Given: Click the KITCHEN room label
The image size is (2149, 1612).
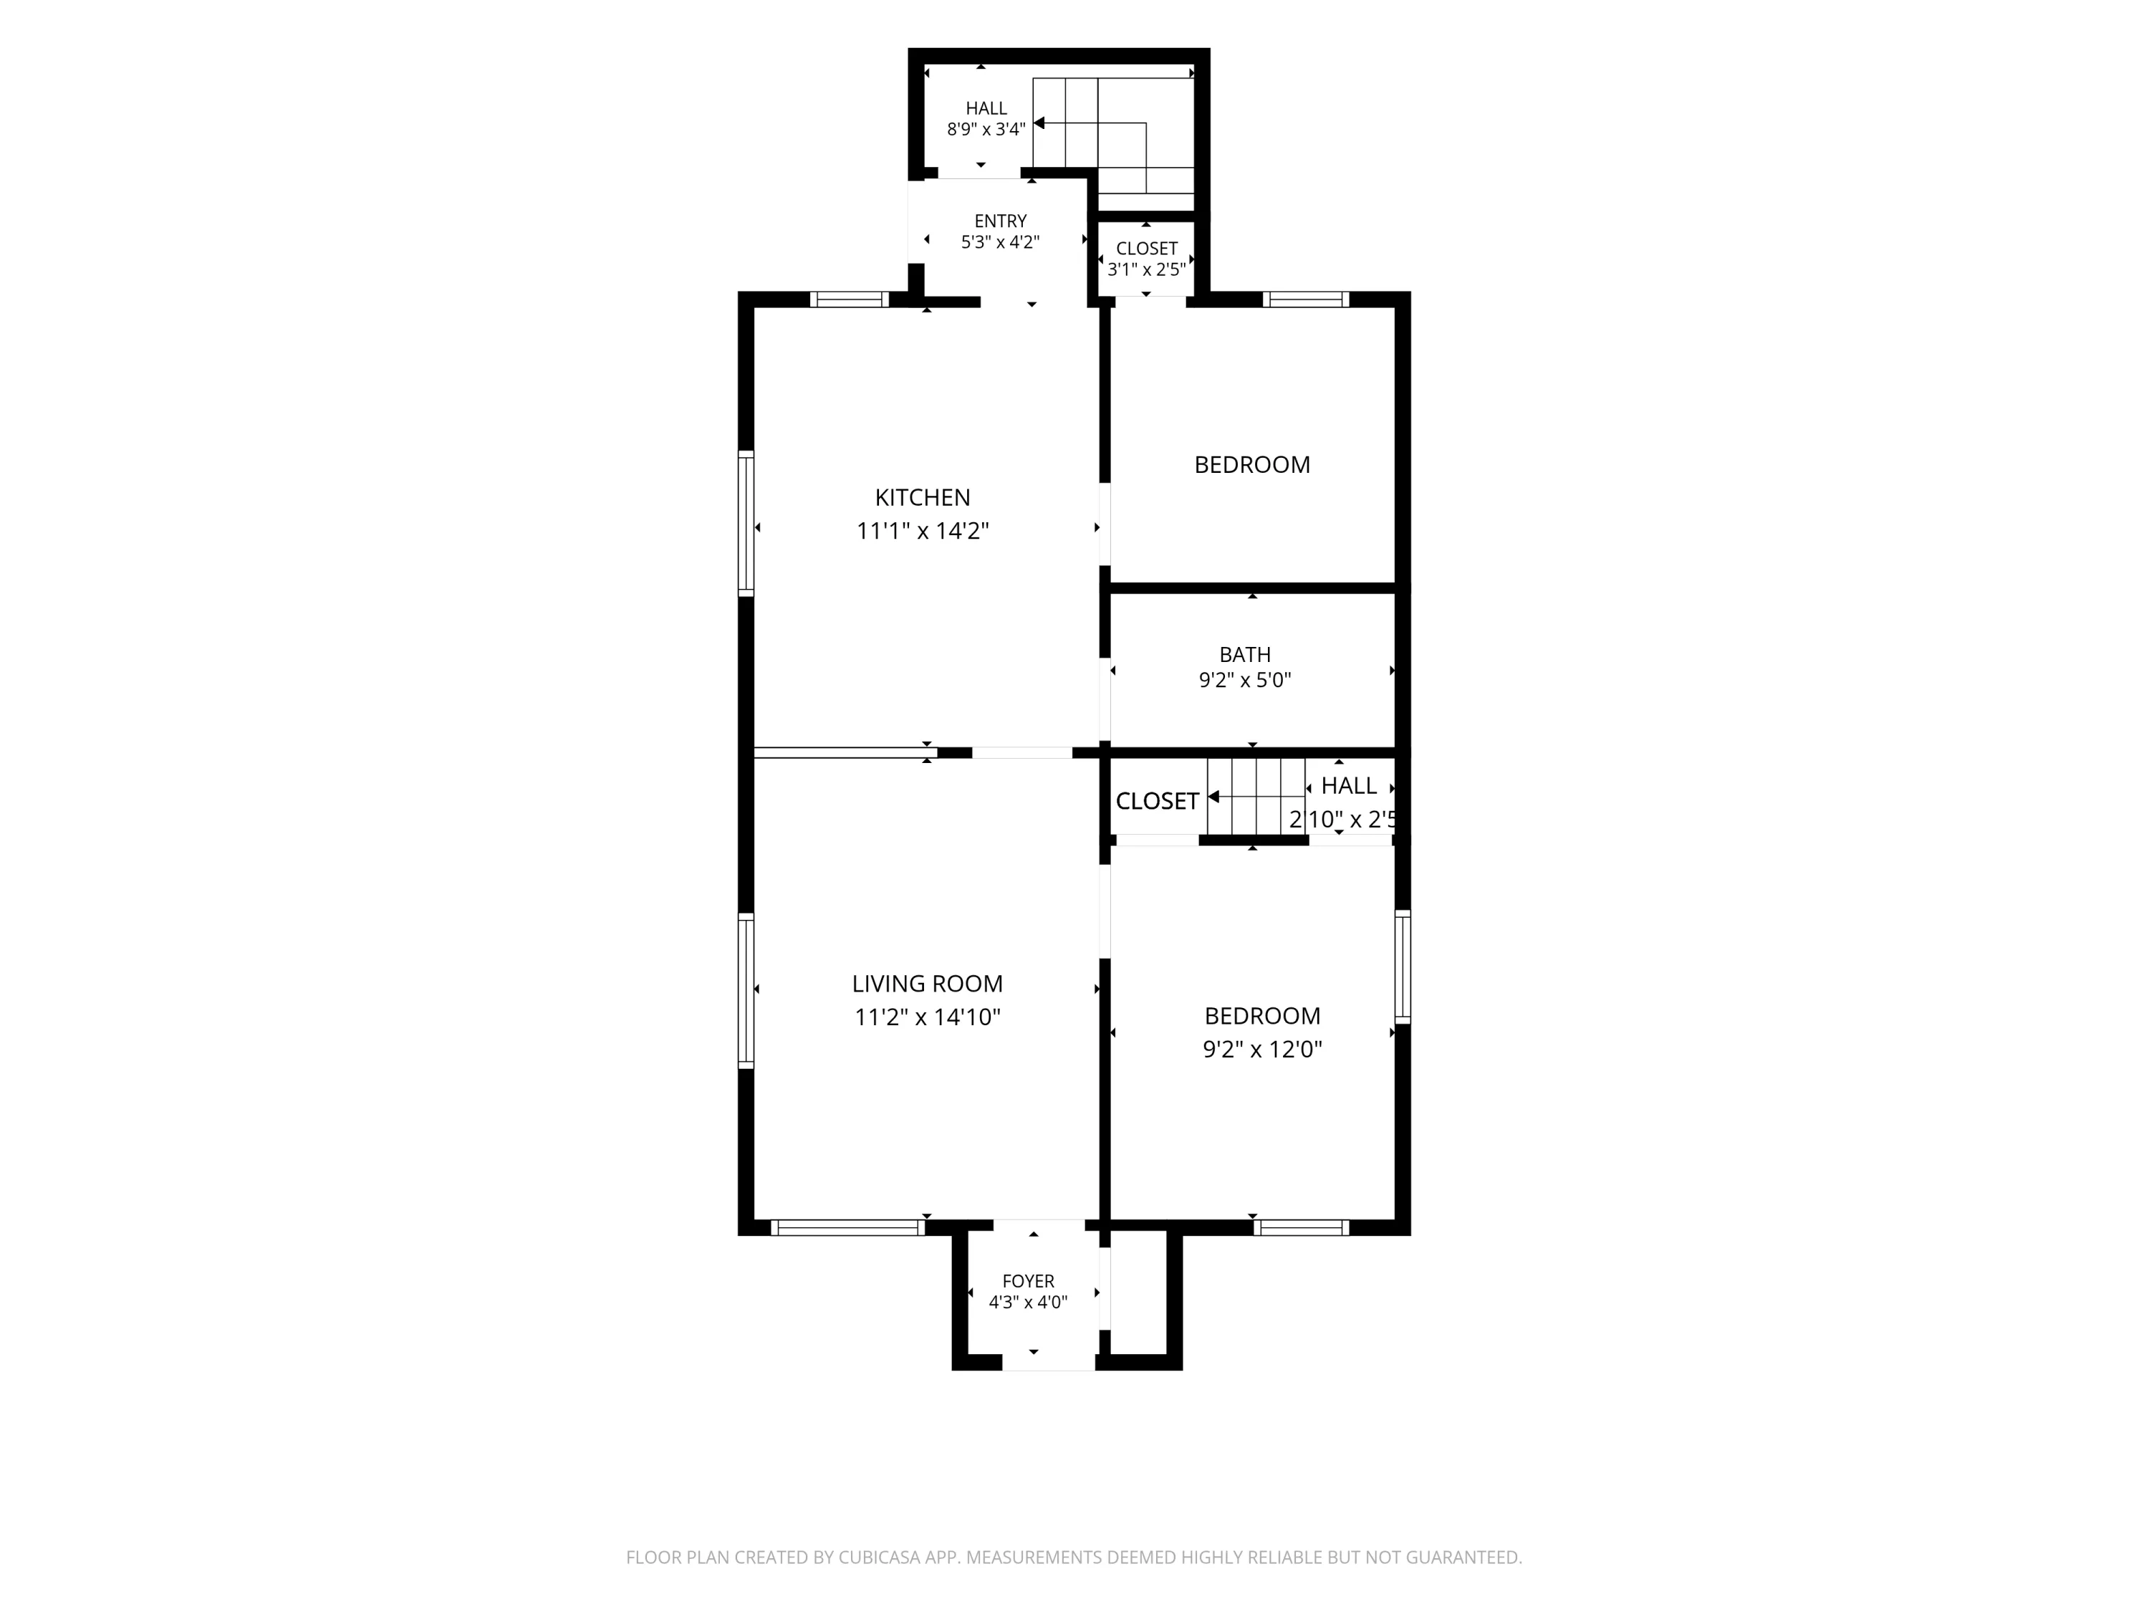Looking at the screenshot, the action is (922, 497).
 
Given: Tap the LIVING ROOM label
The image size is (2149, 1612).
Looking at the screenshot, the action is (927, 984).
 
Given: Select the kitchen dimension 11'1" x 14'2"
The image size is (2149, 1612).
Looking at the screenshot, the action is (922, 531).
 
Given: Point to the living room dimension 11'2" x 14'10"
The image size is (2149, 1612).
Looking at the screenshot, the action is (927, 1017).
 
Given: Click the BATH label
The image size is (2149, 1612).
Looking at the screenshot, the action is (1244, 655).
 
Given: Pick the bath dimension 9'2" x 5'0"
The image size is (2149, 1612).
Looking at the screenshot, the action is (1244, 680).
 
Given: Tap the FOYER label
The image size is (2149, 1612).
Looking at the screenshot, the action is (1028, 1282).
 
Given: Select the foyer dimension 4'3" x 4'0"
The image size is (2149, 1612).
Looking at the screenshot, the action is (1028, 1302).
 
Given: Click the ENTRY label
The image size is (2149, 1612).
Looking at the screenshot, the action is (1001, 221).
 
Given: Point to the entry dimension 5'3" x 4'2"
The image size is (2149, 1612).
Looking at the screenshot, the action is (1001, 242).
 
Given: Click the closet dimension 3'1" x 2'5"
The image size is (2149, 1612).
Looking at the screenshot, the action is (1146, 269).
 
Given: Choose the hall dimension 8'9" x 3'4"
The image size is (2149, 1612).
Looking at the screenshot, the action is (986, 129).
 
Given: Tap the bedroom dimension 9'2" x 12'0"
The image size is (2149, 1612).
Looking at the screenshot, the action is (1262, 1050).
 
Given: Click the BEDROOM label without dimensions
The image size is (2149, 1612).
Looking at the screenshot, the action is (1251, 464).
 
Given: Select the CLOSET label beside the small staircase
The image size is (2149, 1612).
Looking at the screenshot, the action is (1156, 801).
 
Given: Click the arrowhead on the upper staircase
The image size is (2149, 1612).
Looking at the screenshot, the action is (1039, 123).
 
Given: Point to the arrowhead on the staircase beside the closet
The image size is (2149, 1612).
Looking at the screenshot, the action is (1213, 797).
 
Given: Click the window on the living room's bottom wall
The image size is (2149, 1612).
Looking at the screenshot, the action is (848, 1227).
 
